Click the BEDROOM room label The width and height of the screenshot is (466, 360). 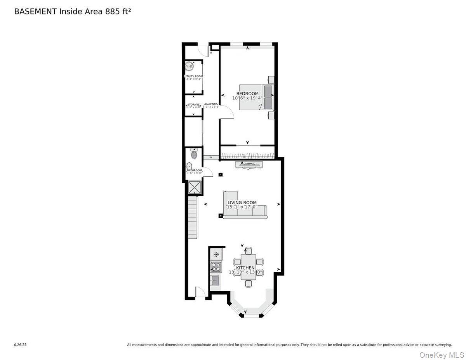click(247, 94)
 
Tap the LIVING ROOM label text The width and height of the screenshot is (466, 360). click(242, 203)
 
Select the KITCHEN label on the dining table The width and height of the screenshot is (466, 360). click(245, 268)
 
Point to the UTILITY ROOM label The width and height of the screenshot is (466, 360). click(193, 77)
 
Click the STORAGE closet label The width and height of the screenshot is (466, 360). click(193, 104)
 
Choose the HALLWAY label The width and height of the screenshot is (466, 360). click(211, 104)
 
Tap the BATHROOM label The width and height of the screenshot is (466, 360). click(195, 170)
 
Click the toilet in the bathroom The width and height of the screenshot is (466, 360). click(194, 155)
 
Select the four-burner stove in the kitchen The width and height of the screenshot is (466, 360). click(216, 267)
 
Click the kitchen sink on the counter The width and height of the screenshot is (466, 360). click(215, 280)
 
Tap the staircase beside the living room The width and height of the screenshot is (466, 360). click(193, 217)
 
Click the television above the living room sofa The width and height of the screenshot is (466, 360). click(248, 165)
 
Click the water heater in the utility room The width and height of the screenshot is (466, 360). click(189, 66)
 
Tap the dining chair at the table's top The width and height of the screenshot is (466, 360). click(248, 250)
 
